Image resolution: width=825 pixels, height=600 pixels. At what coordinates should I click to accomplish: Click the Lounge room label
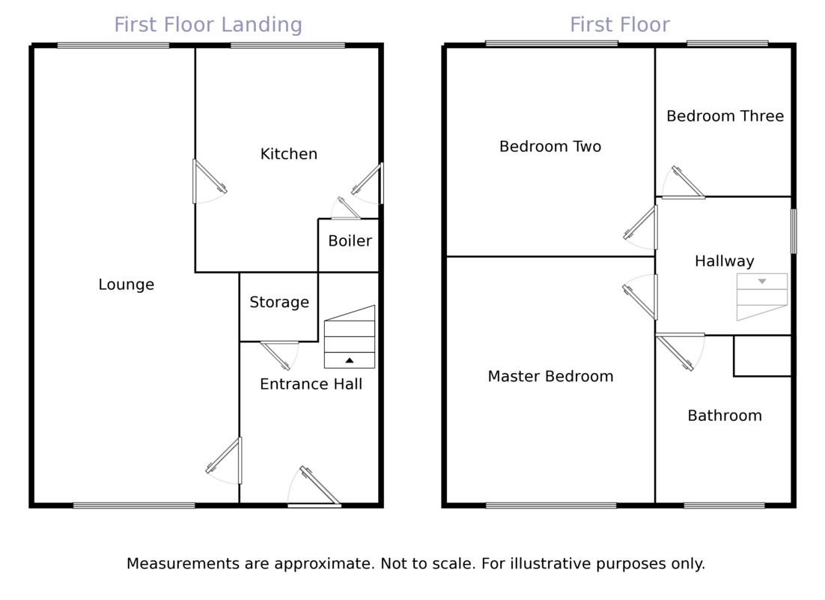pos(127,285)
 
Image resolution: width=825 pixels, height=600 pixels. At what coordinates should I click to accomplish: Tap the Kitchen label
pos(289,154)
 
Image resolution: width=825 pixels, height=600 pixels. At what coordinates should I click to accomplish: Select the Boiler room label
pos(350,241)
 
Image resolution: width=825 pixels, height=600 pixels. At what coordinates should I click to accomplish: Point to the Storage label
pos(279,303)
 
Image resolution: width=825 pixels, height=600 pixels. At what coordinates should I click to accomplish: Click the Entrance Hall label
pos(311,384)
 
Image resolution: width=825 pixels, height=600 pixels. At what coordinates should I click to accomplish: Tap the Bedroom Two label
pos(550,147)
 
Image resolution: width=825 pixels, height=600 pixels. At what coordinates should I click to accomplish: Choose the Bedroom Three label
pos(725,116)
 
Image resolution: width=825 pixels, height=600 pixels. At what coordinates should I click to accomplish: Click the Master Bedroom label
pos(550,377)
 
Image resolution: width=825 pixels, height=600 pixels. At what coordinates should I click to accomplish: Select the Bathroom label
pos(725,416)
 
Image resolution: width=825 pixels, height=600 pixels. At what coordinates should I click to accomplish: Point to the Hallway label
pos(724,261)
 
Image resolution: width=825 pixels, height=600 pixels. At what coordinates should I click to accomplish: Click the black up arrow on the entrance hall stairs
pos(350,360)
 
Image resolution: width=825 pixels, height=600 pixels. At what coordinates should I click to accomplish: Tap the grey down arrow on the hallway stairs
pos(762,282)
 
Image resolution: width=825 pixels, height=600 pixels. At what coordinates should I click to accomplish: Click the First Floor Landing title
pos(208,25)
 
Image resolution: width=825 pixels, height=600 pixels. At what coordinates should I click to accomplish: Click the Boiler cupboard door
pos(347,209)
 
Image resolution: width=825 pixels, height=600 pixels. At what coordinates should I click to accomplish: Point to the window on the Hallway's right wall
pos(794,231)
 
